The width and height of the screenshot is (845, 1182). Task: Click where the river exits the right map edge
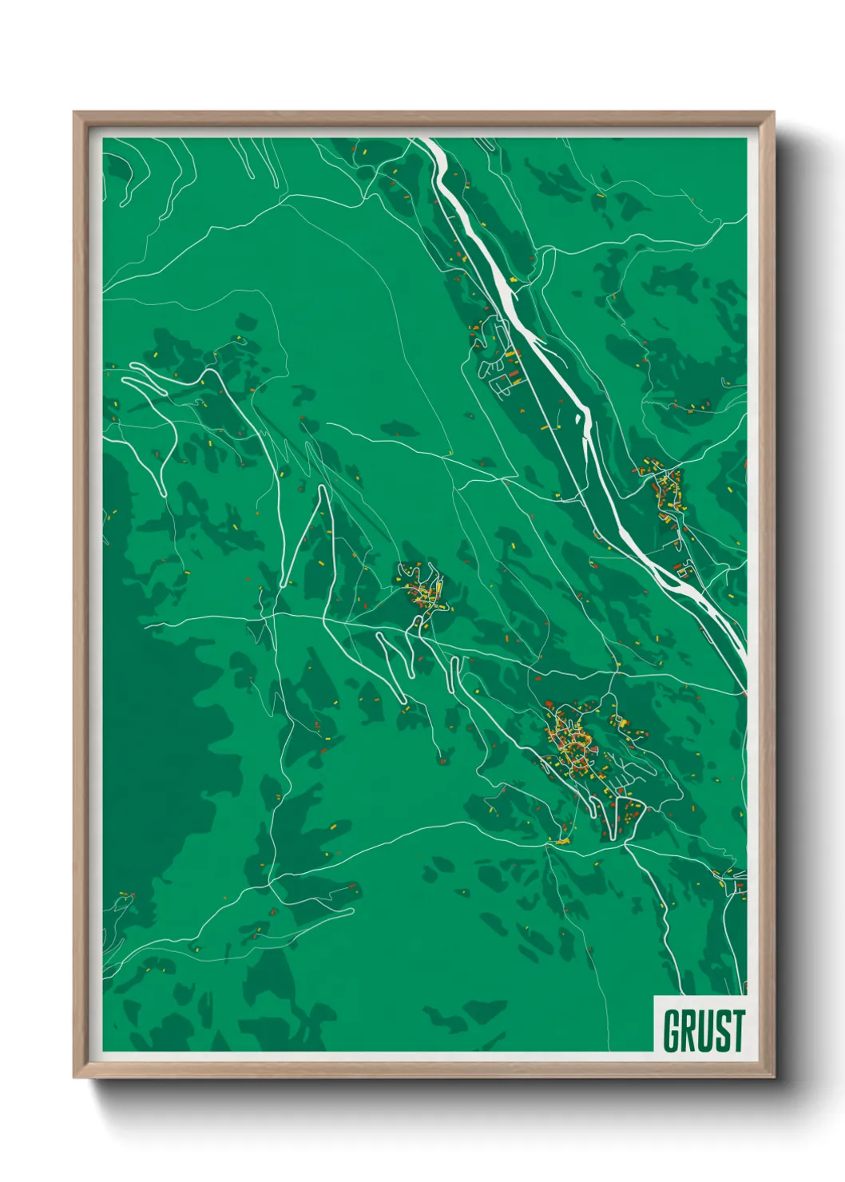point(743,651)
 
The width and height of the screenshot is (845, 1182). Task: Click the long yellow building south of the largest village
point(561,840)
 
